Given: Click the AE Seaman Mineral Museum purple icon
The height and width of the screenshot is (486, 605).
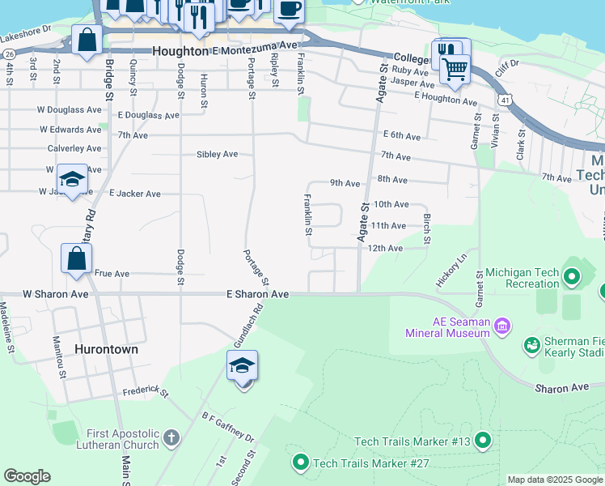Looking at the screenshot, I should click(x=502, y=327).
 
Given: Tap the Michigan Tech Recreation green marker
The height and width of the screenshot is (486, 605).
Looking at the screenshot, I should click(x=573, y=278).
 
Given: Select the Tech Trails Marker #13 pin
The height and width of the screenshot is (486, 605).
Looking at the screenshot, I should click(x=483, y=441).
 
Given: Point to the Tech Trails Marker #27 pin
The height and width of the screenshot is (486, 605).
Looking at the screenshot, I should click(x=300, y=463).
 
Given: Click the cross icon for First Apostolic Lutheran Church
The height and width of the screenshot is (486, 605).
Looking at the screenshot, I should click(x=171, y=438).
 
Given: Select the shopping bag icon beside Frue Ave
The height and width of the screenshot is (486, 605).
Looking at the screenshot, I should click(x=76, y=259).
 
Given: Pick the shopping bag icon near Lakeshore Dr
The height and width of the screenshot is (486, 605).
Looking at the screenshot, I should click(x=87, y=40).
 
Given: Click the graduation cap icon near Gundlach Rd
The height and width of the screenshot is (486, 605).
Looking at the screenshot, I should click(x=242, y=367).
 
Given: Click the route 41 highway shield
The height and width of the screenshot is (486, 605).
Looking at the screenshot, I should click(x=505, y=99).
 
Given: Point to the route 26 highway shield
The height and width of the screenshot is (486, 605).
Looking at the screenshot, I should click(x=9, y=53).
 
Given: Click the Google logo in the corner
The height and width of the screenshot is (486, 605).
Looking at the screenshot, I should click(x=27, y=475).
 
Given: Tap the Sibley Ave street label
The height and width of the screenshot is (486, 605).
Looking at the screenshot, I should click(x=217, y=154).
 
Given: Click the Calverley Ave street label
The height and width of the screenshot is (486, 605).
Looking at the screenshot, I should click(x=74, y=148).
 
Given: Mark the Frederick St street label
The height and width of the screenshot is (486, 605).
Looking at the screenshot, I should click(x=145, y=393).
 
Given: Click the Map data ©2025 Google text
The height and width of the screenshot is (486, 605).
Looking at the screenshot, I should click(x=554, y=480).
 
